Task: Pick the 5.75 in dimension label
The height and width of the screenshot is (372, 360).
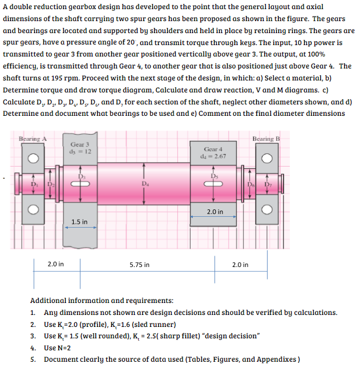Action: (x=139, y=265)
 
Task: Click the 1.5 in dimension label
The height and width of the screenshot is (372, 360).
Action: (x=79, y=221)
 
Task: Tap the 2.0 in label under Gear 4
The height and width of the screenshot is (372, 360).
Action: (x=215, y=212)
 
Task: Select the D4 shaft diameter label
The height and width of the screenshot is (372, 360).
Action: (x=146, y=184)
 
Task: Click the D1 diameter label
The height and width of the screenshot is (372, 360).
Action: (x=34, y=184)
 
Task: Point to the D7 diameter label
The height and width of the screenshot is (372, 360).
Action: (x=265, y=184)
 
